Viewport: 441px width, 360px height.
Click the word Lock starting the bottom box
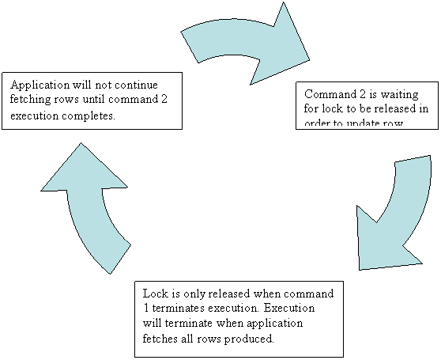(x=154, y=293)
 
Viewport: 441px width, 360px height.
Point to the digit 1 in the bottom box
(x=149, y=308)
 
